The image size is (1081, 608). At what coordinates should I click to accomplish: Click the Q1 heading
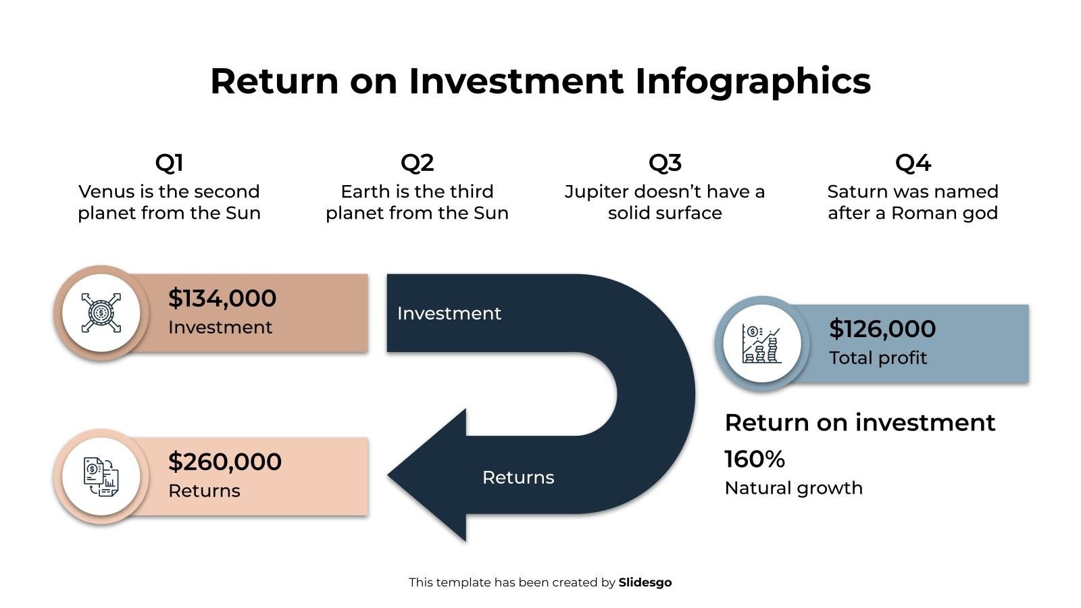pyautogui.click(x=169, y=163)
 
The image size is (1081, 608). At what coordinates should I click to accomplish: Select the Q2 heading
pyautogui.click(x=417, y=163)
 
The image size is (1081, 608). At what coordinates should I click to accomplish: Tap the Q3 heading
pyautogui.click(x=665, y=163)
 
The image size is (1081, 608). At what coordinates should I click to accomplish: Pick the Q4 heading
pyautogui.click(x=913, y=163)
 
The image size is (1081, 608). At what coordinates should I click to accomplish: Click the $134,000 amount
pyautogui.click(x=222, y=298)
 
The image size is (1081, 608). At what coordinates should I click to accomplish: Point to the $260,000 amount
pyautogui.click(x=225, y=461)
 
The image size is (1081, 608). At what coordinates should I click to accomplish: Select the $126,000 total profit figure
pyautogui.click(x=882, y=328)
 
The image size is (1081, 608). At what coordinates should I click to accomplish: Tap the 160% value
pyautogui.click(x=755, y=459)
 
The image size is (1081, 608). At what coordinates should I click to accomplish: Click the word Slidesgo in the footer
pyautogui.click(x=645, y=582)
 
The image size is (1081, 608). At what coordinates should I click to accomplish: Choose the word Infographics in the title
pyautogui.click(x=753, y=80)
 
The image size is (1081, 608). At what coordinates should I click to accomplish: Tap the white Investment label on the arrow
pyautogui.click(x=449, y=313)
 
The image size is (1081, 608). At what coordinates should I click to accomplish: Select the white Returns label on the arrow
pyautogui.click(x=518, y=478)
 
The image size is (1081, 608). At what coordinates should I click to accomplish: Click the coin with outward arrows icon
pyautogui.click(x=101, y=313)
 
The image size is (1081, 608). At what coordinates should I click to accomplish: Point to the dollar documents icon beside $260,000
pyautogui.click(x=101, y=476)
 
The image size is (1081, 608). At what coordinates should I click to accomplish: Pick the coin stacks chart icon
pyautogui.click(x=761, y=343)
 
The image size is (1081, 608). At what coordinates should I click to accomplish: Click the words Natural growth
pyautogui.click(x=793, y=488)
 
